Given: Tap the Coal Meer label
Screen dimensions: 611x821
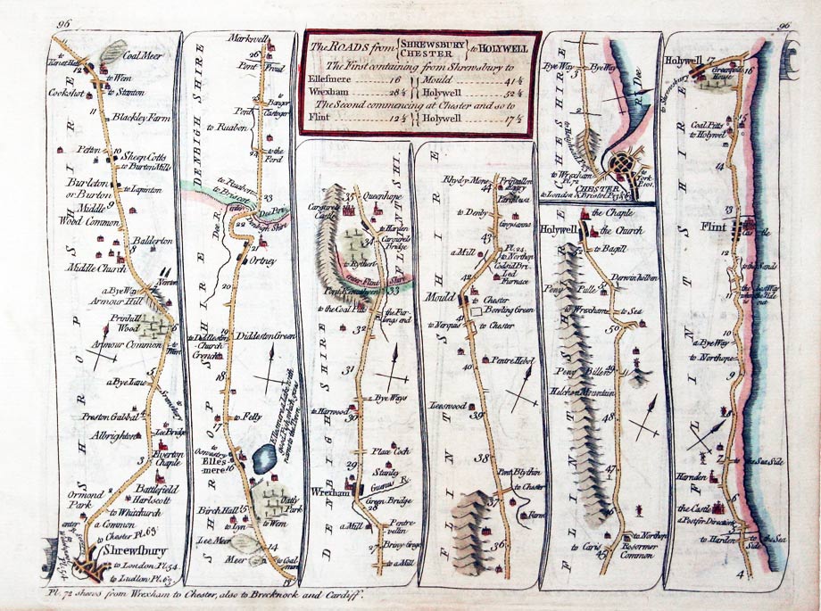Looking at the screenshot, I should coord(142,53).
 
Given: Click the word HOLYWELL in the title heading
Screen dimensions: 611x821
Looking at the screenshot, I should coord(510,47).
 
